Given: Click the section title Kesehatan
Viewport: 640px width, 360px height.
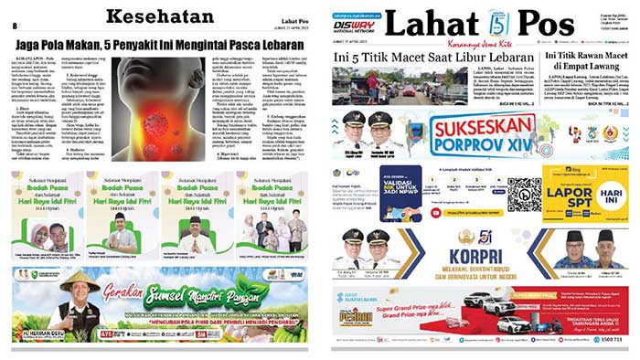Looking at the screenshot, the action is (159, 16).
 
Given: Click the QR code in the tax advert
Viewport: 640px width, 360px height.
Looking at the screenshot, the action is (524, 193).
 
